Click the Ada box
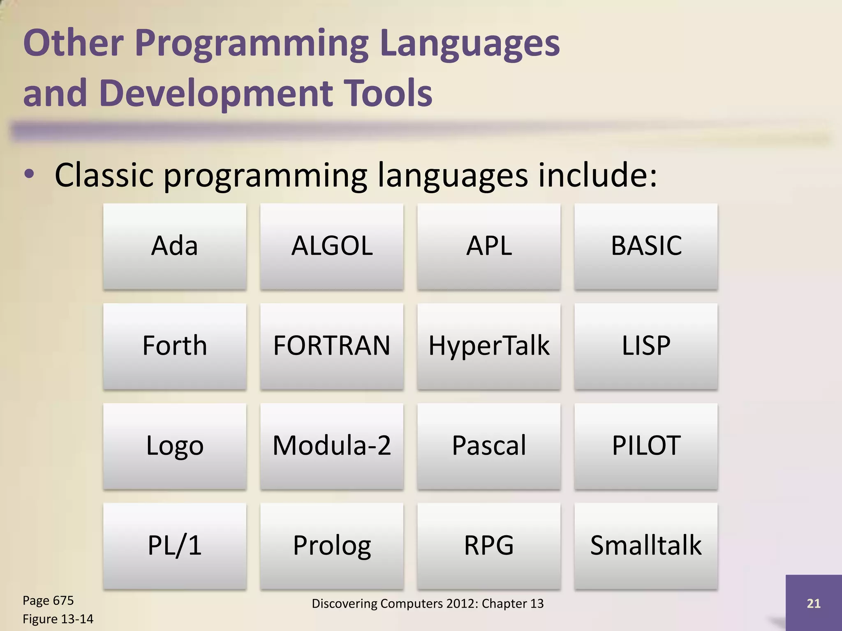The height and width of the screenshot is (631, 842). click(x=175, y=246)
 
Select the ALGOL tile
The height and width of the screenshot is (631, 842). click(x=332, y=246)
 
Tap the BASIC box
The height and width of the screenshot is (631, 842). click(x=646, y=246)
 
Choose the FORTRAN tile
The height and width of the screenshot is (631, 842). click(x=332, y=346)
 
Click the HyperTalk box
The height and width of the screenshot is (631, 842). click(x=489, y=346)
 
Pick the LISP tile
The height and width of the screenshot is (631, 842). click(x=646, y=346)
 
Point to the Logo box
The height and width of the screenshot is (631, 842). click(x=175, y=446)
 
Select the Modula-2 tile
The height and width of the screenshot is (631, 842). click(x=332, y=446)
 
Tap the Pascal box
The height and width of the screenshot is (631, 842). click(x=489, y=446)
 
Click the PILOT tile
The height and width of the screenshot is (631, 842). click(x=646, y=446)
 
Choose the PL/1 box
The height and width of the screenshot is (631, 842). click(x=175, y=546)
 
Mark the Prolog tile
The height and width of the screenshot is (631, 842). click(x=332, y=546)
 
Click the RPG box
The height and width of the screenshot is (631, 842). click(x=489, y=546)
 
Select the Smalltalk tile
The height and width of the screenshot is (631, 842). click(x=646, y=546)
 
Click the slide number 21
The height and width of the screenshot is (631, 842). click(x=813, y=603)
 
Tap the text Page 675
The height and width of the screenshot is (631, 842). click(x=48, y=601)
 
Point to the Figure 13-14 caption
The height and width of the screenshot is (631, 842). click(x=58, y=619)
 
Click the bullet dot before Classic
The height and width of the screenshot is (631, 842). click(x=29, y=175)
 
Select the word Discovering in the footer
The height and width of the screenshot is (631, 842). click(x=345, y=603)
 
